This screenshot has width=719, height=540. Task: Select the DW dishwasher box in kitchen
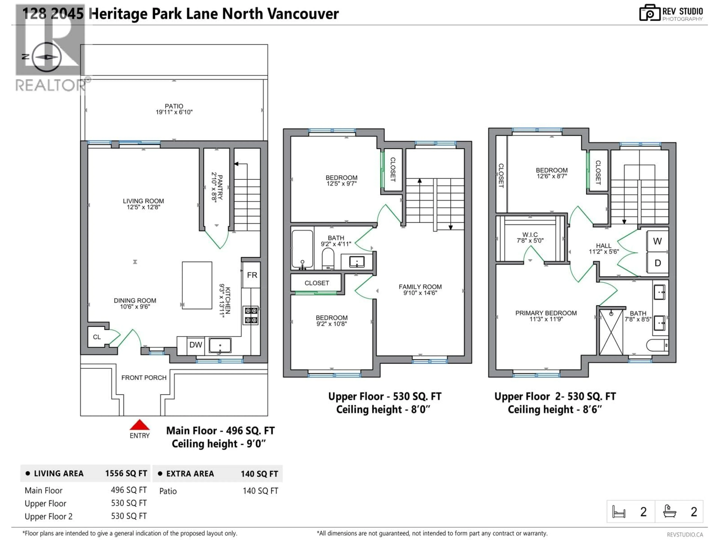click(x=196, y=345)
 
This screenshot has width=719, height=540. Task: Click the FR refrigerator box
click(x=252, y=275)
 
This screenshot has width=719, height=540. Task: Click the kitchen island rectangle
click(x=197, y=285)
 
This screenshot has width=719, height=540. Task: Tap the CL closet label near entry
click(x=97, y=337)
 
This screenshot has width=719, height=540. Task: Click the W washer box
click(x=657, y=241)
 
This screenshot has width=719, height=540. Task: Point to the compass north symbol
click(x=46, y=57)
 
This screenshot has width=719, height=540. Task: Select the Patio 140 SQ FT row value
click(x=260, y=491)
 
